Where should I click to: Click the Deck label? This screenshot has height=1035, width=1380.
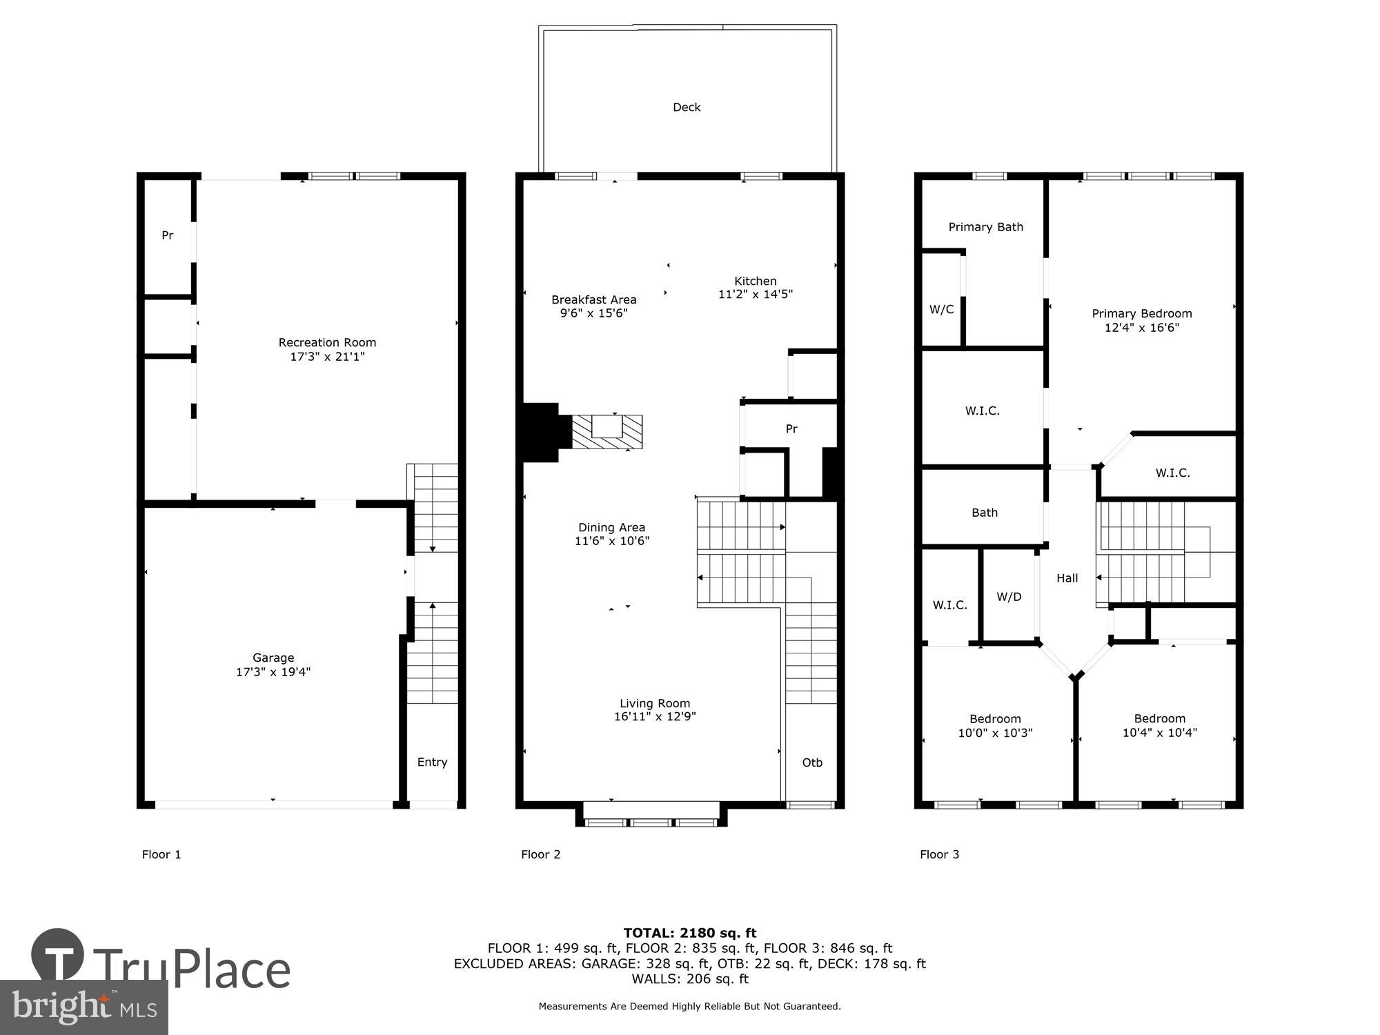(x=687, y=107)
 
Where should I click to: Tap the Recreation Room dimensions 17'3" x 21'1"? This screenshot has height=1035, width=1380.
(x=327, y=357)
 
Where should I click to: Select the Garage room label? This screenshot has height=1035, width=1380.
(x=273, y=658)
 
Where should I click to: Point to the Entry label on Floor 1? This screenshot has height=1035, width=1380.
(x=432, y=762)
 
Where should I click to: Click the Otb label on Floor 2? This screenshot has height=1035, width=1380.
(x=812, y=762)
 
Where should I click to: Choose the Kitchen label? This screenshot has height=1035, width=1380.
(x=755, y=281)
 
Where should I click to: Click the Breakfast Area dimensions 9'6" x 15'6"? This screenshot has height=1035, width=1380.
(x=593, y=313)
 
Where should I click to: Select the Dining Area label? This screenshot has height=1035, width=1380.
(x=611, y=527)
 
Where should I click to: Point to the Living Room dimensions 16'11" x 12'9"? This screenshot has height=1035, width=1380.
(x=655, y=717)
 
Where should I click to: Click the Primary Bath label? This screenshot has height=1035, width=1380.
(x=985, y=227)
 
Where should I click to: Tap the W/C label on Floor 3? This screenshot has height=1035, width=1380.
(x=941, y=309)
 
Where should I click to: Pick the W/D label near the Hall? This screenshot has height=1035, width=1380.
(x=1009, y=597)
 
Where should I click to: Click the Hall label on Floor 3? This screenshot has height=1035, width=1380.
(x=1067, y=578)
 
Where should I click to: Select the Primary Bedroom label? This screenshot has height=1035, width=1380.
(x=1141, y=313)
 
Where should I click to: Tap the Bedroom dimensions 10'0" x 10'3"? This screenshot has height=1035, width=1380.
(x=995, y=733)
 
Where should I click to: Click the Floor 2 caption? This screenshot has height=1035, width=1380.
(x=540, y=854)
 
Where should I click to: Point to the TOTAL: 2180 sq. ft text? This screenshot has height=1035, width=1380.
(x=690, y=933)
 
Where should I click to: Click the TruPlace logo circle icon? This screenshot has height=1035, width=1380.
(x=58, y=956)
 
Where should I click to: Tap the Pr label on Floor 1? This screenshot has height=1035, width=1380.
(x=167, y=235)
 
